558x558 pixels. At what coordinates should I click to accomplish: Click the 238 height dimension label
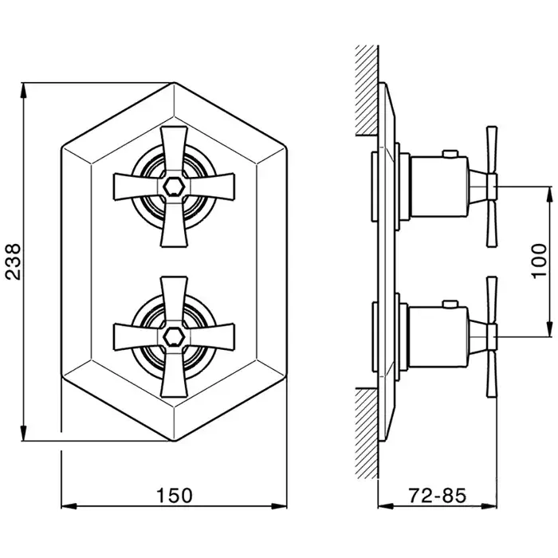(14, 262)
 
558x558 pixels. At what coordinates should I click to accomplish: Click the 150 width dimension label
(175, 495)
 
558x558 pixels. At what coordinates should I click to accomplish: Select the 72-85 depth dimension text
(437, 495)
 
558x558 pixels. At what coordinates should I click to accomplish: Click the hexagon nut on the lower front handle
(173, 336)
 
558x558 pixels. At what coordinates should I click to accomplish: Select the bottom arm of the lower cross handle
(174, 374)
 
